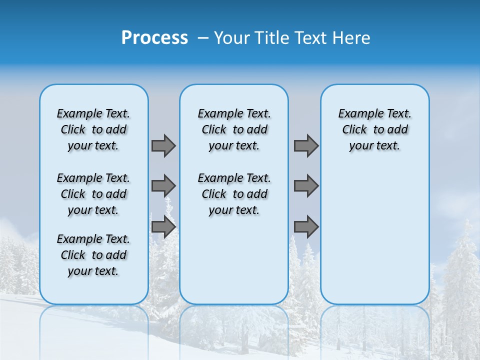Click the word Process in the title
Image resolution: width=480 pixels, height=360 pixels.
[154, 37]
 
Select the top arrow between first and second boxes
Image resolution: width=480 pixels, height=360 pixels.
[163, 145]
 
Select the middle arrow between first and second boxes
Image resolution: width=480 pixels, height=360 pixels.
[163, 186]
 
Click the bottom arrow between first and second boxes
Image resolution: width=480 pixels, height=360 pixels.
[163, 227]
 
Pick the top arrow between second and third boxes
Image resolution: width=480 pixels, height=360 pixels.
[306, 145]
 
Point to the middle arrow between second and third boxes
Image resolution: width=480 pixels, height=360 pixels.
[306, 186]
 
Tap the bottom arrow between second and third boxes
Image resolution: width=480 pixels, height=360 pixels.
[306, 227]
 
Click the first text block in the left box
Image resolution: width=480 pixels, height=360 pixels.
[93, 129]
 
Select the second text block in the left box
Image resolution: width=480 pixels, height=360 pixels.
[93, 194]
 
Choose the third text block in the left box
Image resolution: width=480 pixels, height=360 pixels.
[93, 255]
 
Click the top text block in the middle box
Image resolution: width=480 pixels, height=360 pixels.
[234, 129]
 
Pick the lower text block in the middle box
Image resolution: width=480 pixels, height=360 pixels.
[234, 194]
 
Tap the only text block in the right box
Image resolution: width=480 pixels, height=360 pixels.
[374, 129]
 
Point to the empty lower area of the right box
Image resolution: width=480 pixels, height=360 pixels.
[374, 230]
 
